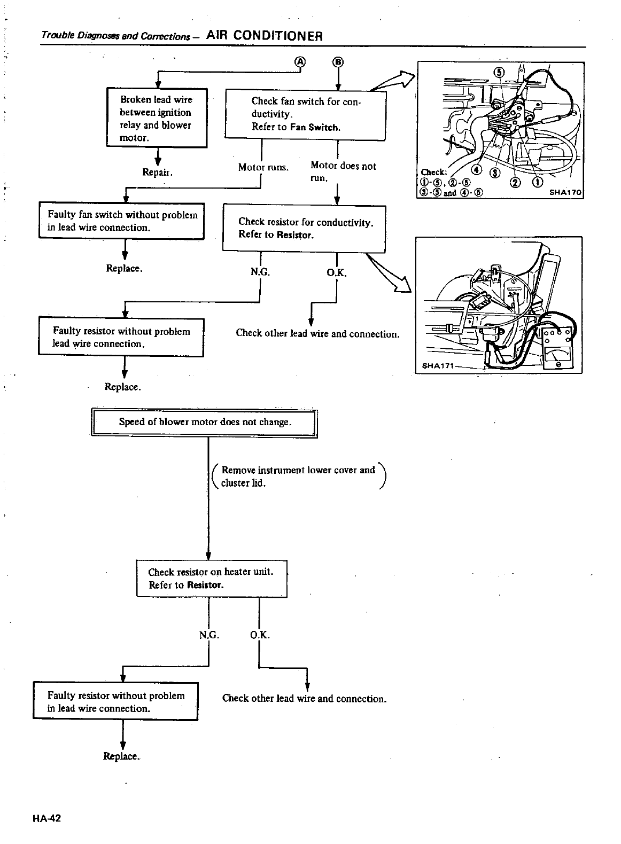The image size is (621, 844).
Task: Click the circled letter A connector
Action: pos(300,62)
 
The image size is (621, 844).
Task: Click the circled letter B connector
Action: pos(338,62)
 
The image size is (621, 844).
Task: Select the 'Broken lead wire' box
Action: pos(156,118)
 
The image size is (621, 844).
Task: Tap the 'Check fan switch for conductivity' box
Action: pos(305,115)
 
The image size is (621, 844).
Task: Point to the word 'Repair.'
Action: pos(157,173)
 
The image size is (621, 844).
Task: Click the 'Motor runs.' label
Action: pos(263,167)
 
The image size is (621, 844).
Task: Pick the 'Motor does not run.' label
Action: pos(343,171)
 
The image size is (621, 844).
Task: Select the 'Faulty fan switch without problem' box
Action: pos(122,221)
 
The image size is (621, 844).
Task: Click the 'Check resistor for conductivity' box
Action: pos(304,228)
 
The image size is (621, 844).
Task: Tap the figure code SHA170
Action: pos(565,193)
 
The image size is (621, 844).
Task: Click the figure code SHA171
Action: pos(438,366)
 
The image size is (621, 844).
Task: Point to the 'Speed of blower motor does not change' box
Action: pos(205,423)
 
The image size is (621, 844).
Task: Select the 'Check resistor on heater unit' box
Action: pos(212,579)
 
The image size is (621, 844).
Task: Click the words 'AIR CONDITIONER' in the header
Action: pos(264,36)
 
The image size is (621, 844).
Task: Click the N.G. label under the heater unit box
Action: pos(208,635)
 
